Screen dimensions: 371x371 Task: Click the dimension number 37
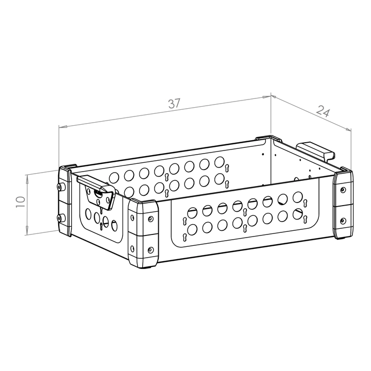[x=174, y=104]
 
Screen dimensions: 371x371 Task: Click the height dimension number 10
[x=21, y=202]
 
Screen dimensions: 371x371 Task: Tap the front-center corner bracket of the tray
[x=143, y=234]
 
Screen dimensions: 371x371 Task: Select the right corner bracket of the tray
[x=343, y=204]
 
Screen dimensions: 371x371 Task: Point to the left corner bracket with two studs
[x=64, y=200]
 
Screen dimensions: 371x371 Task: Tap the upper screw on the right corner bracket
[x=343, y=190]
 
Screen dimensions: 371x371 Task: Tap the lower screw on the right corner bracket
[x=343, y=221]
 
